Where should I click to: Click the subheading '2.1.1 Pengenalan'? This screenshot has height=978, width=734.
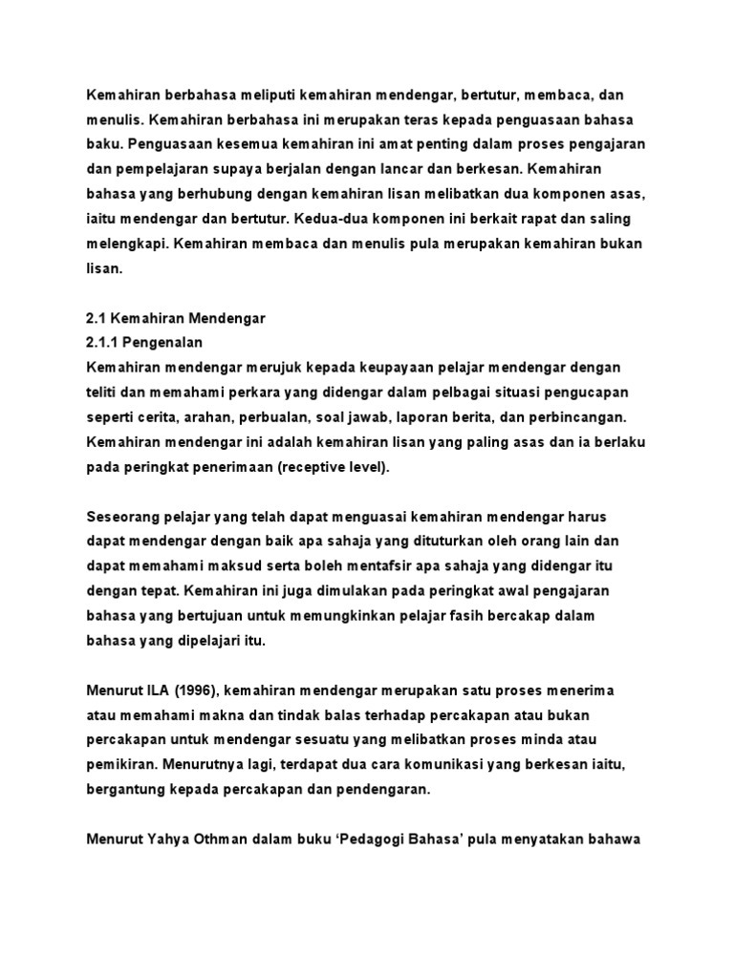pyautogui.click(x=144, y=342)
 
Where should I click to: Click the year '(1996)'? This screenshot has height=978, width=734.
pyautogui.click(x=198, y=690)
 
